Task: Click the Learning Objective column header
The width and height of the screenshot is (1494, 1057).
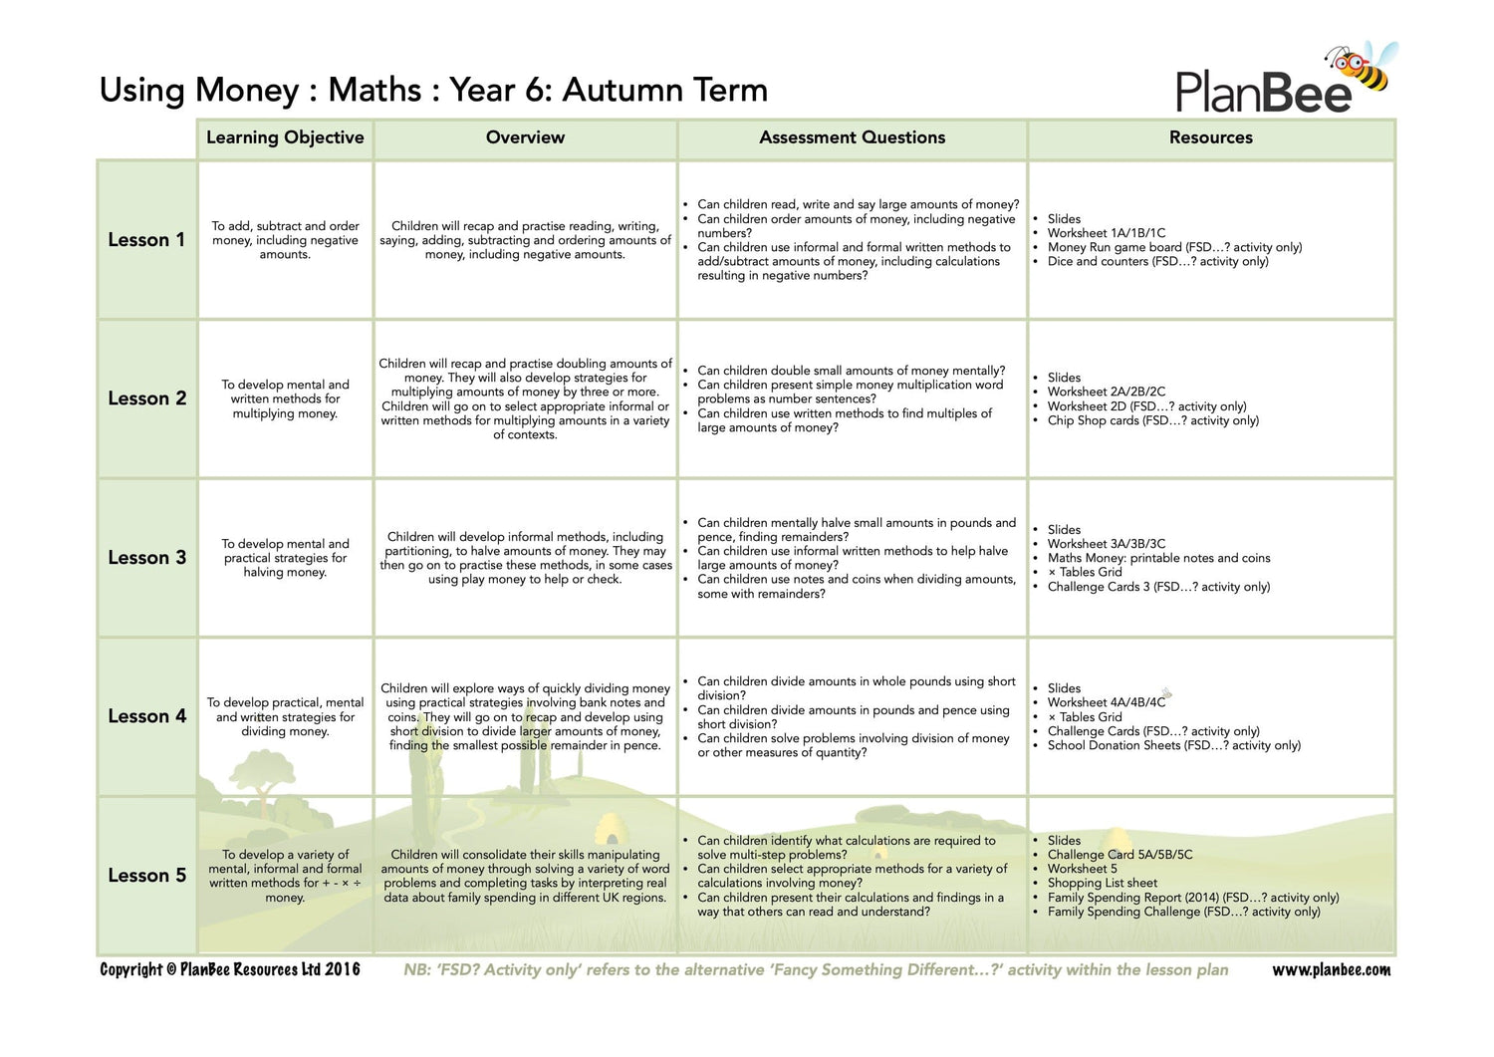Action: click(x=285, y=137)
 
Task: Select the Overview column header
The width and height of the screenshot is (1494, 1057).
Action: click(x=525, y=137)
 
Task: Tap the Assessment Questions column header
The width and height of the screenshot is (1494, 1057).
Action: click(x=852, y=137)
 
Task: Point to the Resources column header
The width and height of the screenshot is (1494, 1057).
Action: click(x=1210, y=137)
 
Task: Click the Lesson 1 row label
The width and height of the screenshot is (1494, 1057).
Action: click(x=146, y=240)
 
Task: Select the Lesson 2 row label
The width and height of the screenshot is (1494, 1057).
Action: click(x=146, y=398)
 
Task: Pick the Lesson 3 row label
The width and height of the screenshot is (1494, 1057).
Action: click(x=146, y=558)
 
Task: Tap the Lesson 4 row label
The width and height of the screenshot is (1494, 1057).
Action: click(x=146, y=716)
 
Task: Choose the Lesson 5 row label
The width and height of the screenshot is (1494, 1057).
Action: click(x=146, y=876)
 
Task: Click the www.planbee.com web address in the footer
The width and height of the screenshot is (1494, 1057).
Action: click(x=1331, y=970)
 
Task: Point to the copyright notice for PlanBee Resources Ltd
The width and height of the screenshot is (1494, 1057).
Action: click(x=230, y=970)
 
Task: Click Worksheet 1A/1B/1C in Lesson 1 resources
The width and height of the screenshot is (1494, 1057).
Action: click(x=1106, y=233)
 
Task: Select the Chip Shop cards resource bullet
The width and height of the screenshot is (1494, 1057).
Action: click(x=1152, y=420)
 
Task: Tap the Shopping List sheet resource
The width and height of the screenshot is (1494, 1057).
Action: click(x=1102, y=883)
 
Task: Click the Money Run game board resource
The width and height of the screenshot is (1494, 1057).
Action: click(x=1173, y=247)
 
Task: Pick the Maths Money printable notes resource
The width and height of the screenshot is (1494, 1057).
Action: click(x=1158, y=558)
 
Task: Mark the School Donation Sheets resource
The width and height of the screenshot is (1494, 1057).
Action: click(x=1173, y=745)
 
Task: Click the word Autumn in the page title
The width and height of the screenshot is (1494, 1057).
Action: click(x=610, y=90)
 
